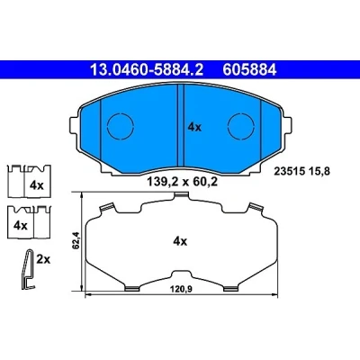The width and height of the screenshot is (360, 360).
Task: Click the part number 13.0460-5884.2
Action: (147, 70)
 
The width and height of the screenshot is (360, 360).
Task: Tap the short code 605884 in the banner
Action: (249, 70)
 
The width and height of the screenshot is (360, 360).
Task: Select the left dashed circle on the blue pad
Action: (120, 126)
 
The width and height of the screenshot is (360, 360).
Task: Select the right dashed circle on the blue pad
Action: (241, 126)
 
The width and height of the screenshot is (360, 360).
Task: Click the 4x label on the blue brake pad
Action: (194, 128)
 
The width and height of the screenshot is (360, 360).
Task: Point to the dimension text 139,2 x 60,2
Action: (182, 182)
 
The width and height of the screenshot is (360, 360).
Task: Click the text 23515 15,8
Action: (301, 172)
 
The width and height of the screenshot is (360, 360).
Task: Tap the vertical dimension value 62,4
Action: (76, 240)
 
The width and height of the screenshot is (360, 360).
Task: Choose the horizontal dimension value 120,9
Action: (181, 289)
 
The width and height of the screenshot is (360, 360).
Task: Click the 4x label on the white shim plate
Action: (180, 241)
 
